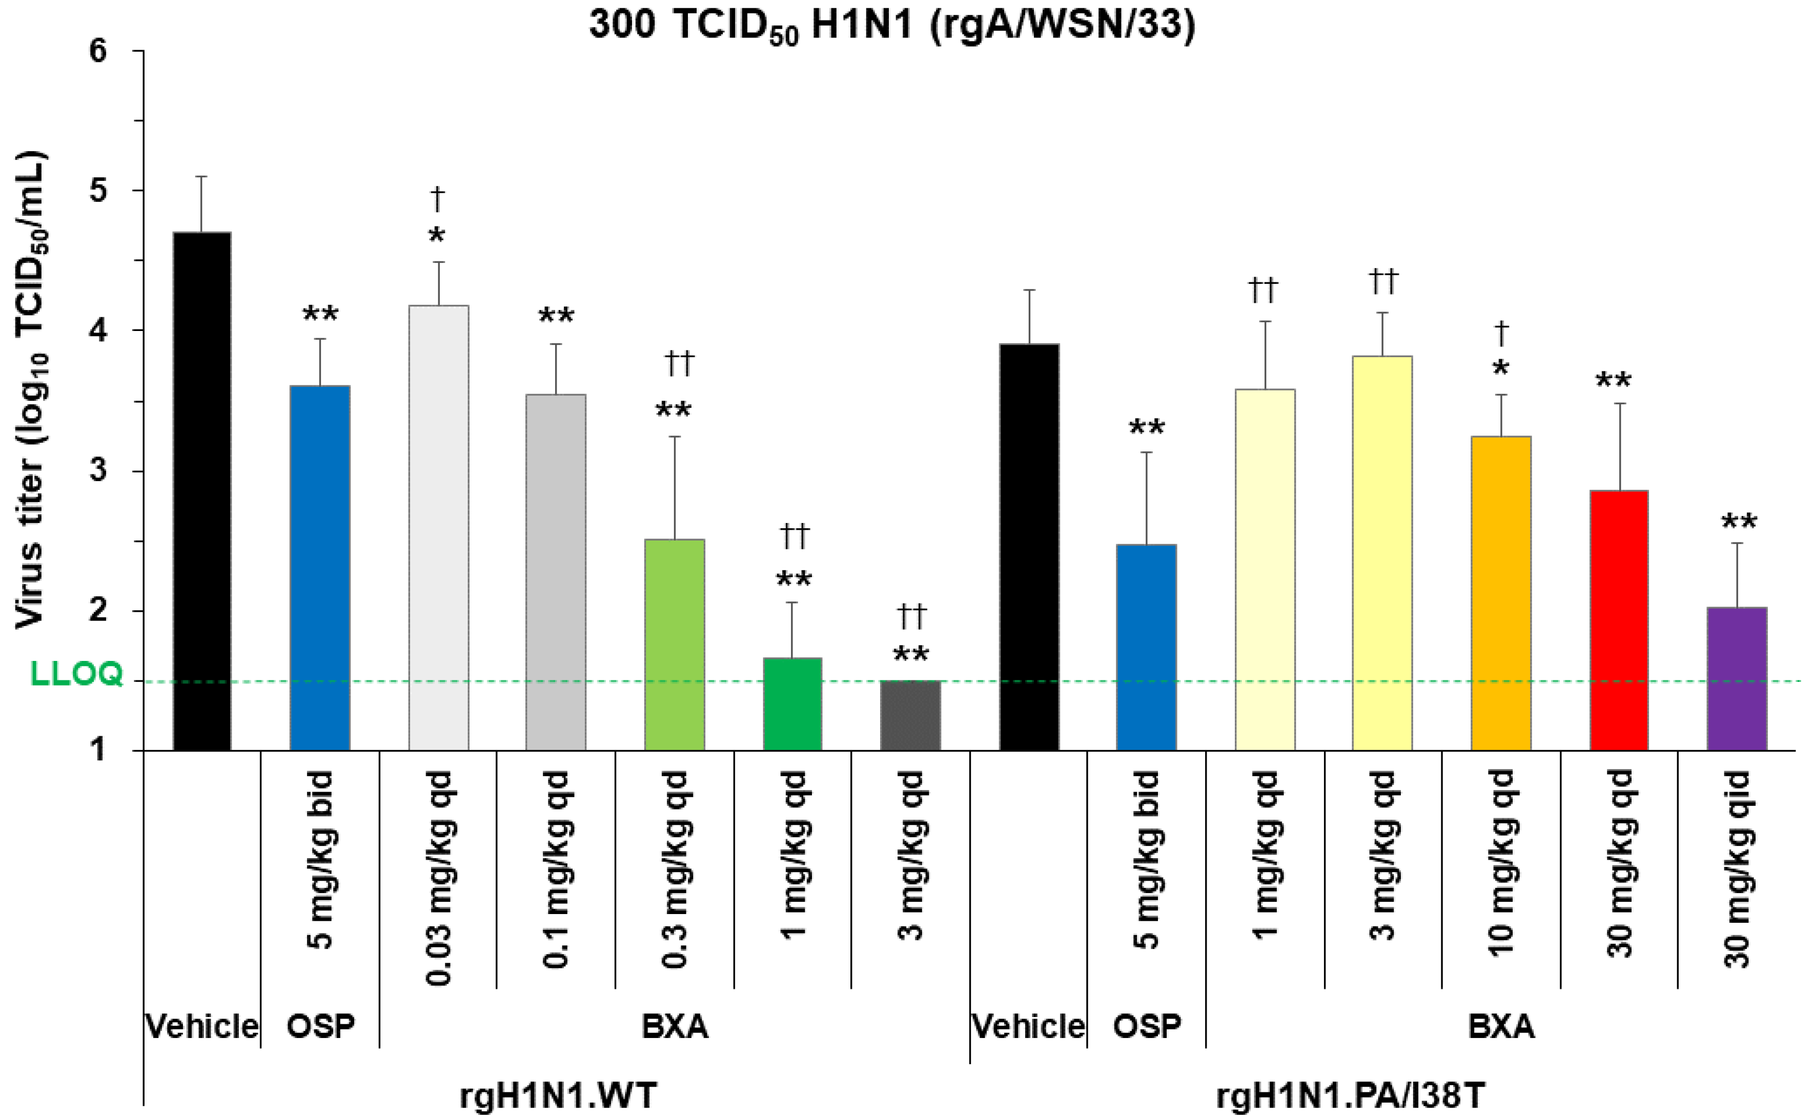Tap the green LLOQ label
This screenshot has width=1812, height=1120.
(76, 674)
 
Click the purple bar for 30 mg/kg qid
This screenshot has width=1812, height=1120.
(1737, 678)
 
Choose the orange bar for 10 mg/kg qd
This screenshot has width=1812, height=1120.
(1501, 593)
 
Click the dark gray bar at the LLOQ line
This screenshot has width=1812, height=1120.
(910, 715)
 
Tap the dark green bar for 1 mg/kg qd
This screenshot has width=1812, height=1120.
(792, 703)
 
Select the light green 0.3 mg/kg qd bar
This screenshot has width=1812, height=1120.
(675, 645)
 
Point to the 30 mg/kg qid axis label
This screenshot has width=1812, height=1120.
(1737, 870)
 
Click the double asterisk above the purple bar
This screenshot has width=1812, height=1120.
(1738, 522)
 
